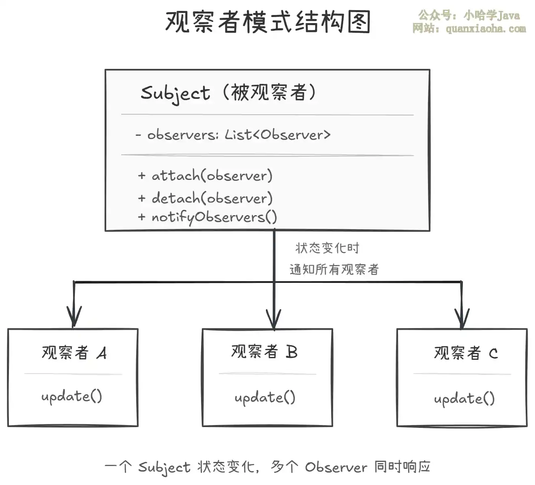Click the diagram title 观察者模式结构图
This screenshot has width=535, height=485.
tap(267, 22)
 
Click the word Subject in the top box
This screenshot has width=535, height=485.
tap(175, 93)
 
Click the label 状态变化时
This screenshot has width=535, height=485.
tap(327, 248)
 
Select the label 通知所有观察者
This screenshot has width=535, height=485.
tap(334, 269)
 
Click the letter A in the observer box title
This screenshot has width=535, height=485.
tap(102, 353)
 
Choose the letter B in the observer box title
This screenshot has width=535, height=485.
tap(291, 352)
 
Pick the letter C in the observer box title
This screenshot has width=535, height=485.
tap(493, 354)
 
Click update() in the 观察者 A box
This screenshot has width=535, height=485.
tap(72, 396)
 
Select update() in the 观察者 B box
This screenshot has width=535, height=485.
tap(265, 397)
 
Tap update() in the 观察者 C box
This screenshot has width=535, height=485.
tap(464, 399)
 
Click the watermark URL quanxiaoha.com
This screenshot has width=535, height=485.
tap(486, 28)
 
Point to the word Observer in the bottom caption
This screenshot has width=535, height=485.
tap(336, 467)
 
